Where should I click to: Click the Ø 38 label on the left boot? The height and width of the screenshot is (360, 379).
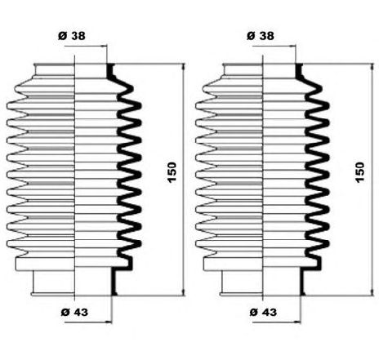[72, 36]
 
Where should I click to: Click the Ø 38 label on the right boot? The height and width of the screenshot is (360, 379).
[261, 36]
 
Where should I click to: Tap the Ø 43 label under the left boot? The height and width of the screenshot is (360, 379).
[74, 312]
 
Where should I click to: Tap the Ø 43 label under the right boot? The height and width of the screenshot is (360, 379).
[263, 312]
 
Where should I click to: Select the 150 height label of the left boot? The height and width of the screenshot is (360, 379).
[172, 172]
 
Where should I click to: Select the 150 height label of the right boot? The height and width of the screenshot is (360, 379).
[360, 172]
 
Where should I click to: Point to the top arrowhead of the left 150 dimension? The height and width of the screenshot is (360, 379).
[183, 67]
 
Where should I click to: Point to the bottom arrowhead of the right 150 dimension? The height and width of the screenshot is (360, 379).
[372, 291]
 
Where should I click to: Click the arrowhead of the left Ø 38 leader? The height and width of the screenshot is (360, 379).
[104, 47]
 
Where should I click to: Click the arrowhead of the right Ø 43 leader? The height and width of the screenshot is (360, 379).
[297, 322]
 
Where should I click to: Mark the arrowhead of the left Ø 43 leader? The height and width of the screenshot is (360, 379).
[109, 322]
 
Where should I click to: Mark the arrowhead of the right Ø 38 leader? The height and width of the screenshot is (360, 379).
[292, 47]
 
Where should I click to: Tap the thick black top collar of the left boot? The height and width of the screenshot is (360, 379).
[109, 71]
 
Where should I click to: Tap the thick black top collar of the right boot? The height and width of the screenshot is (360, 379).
[298, 71]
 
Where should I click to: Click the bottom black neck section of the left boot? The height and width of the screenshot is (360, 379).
[114, 282]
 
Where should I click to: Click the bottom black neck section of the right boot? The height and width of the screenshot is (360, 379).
[302, 282]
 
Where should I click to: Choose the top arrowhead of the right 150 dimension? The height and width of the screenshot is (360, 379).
[372, 68]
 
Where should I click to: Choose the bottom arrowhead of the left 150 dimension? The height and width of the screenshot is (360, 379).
[183, 291]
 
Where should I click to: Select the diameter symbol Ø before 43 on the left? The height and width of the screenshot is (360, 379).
[65, 312]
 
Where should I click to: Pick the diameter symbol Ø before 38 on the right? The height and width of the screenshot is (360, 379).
[251, 36]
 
